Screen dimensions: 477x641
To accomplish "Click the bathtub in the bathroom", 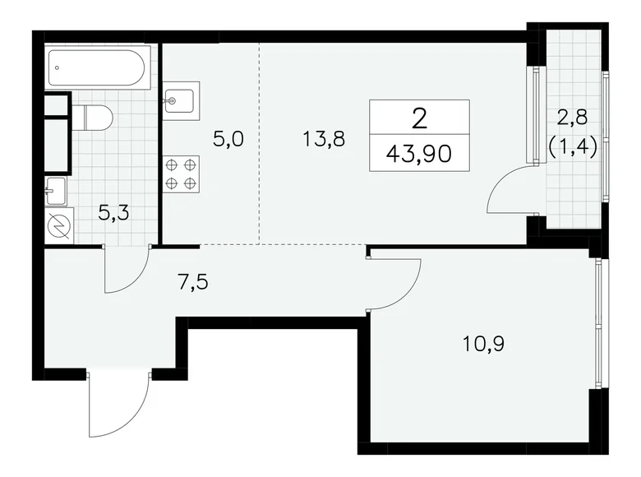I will point(99,69).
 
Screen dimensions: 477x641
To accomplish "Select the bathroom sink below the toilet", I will point(55,191).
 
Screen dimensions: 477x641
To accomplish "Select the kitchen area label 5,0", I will point(228,138).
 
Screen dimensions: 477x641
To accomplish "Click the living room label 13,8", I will point(322,138).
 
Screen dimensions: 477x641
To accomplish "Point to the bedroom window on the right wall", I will point(601,321).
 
